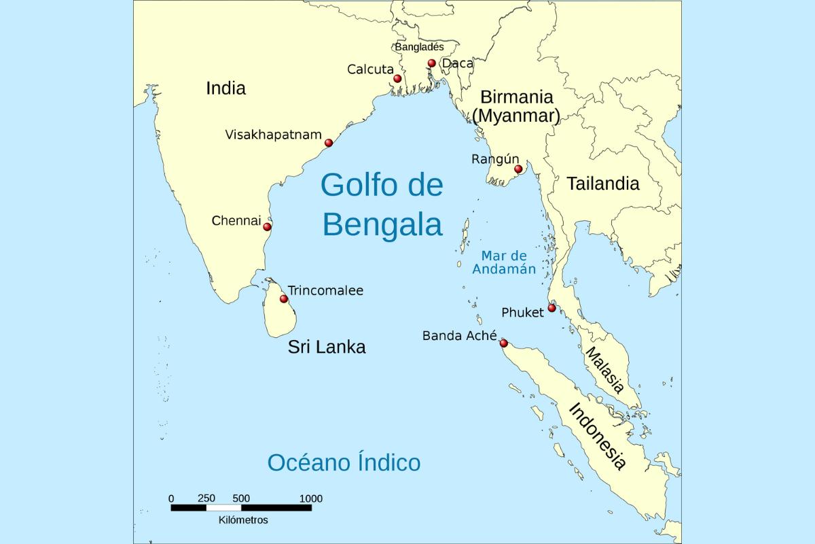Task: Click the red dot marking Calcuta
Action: [x=397, y=79]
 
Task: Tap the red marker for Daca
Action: [x=431, y=63]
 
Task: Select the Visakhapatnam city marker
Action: [x=329, y=143]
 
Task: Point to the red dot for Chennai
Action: [x=268, y=226]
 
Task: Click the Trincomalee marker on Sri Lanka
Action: [x=284, y=299]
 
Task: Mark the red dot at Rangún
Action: [x=518, y=169]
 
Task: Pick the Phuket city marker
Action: [x=551, y=308]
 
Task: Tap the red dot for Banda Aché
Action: [x=503, y=343]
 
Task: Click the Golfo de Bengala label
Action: [x=382, y=204]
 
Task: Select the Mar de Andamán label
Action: [x=504, y=262]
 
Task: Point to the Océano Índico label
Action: [x=344, y=462]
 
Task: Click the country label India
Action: [x=225, y=88]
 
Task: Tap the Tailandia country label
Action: [x=603, y=183]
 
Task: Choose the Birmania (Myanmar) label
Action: [x=516, y=106]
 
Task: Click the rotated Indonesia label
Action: [x=597, y=437]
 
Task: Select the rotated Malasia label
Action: [x=604, y=371]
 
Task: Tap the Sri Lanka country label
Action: [x=327, y=347]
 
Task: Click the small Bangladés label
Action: [x=419, y=47]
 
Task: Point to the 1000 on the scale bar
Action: [x=311, y=498]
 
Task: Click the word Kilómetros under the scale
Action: [x=243, y=520]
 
